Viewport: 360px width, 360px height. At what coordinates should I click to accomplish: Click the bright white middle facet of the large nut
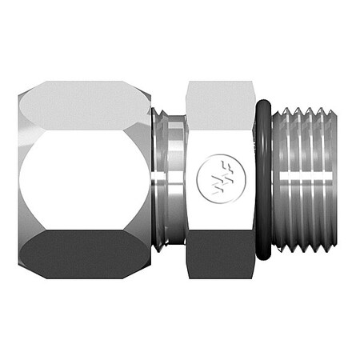click(x=84, y=180)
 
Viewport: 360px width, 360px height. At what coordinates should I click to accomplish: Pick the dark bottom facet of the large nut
click(x=84, y=254)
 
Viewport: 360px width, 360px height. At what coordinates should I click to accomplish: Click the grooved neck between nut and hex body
click(x=170, y=180)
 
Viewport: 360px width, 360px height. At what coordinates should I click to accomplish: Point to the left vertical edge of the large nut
click(x=18, y=180)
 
